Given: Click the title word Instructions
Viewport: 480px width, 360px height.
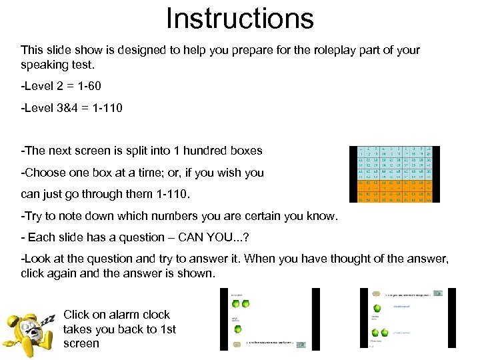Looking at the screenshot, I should click(240, 19).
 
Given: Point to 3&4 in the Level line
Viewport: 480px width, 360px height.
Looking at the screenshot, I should click(75, 107).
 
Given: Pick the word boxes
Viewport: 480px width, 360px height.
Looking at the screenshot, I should click(245, 151).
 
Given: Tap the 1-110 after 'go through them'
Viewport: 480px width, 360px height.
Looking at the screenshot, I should click(169, 195).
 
